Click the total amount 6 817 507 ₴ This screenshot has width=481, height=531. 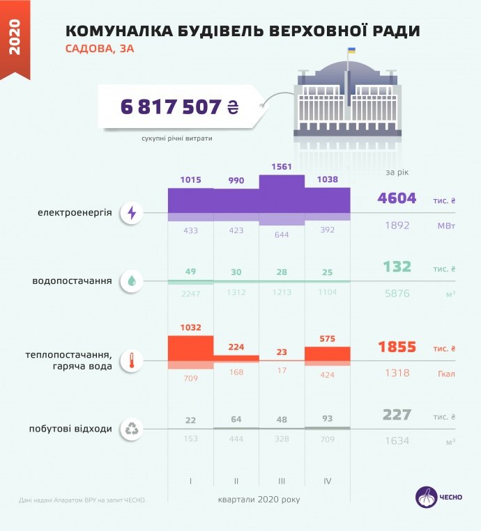click(179, 106)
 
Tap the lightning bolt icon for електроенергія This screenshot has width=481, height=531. click(132, 213)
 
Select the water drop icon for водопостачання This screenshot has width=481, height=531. click(132, 281)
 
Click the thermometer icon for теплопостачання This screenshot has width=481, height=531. click(132, 360)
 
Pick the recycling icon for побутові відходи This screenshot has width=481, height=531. click(132, 429)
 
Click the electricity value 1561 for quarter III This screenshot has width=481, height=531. click(282, 167)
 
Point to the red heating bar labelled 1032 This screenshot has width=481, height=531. click(190, 348)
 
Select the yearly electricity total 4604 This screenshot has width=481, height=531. click(397, 199)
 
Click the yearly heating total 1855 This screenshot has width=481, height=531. click(397, 347)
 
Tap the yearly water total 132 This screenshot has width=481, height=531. click(397, 267)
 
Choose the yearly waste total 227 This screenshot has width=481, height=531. click(397, 415)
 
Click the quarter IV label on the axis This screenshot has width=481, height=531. click(327, 481)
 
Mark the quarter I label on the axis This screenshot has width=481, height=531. click(190, 481)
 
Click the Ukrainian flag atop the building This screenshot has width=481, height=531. click(351, 52)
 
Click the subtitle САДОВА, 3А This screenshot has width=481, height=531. click(99, 49)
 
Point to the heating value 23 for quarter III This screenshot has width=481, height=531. click(282, 352)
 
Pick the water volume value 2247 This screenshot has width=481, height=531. click(190, 294)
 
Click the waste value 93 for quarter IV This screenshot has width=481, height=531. click(327, 420)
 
